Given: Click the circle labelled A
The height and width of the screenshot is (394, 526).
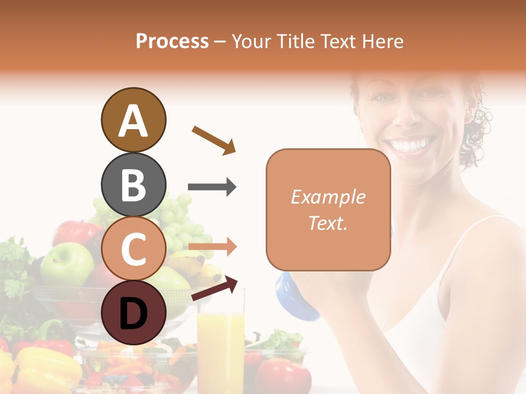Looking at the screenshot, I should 133,120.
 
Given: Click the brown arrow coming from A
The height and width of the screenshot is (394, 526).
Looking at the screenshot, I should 214,139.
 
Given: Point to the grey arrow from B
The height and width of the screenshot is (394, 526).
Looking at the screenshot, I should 212,187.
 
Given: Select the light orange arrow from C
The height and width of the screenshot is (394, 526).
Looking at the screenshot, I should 212,247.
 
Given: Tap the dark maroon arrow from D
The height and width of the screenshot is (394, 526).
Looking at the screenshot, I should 214,288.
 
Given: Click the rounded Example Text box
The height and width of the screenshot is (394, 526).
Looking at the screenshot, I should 328,210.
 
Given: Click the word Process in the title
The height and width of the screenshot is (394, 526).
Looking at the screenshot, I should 172,41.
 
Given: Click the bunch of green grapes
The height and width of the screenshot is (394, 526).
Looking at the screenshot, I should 175,216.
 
